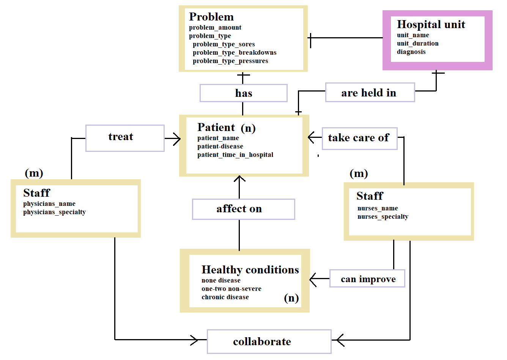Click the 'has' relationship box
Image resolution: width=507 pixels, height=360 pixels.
pos(243,93)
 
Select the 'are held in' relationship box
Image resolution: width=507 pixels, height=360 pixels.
pos(370,93)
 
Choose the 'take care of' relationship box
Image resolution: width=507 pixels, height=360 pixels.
pos(359,138)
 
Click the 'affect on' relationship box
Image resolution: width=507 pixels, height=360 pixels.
pos(243,209)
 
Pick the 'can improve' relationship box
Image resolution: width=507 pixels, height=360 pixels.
pos(367,279)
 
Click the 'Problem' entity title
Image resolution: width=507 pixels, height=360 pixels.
pos(211,17)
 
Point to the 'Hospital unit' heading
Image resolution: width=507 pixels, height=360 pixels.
pos(431,25)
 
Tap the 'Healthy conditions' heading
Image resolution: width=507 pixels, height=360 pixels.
pos(250,270)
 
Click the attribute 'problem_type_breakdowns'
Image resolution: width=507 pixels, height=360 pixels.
pos(235,52)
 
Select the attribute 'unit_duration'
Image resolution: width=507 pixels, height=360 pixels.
pos(417,43)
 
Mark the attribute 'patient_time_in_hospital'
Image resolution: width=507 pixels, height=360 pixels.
pos(235,155)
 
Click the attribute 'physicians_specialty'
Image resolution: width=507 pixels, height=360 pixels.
pos(54,212)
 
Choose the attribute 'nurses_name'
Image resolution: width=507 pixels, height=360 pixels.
pos(378,208)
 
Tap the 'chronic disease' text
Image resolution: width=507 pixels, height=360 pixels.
pos(225,297)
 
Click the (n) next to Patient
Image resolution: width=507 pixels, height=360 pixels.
pos(248,128)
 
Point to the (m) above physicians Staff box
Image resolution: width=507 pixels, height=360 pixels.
pos(34,173)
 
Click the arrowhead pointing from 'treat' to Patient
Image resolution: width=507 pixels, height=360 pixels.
pos(176,139)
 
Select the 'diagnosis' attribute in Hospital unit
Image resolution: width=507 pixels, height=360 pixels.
pos(411,52)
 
